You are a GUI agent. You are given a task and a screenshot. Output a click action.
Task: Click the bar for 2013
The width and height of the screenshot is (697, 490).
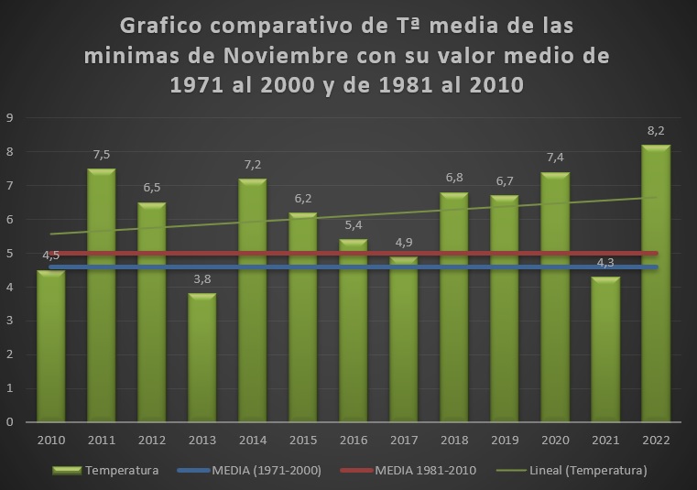pos(202,357)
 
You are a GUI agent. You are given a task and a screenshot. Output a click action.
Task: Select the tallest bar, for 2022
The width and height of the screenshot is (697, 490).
pos(656,284)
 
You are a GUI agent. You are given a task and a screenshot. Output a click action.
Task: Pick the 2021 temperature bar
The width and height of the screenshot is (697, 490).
pos(605,349)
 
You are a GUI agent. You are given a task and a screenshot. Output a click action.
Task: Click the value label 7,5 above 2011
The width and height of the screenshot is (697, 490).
pos(102,155)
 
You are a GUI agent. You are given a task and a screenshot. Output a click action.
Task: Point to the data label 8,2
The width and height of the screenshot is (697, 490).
pos(656,131)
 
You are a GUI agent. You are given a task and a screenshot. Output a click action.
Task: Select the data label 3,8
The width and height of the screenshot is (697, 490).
pos(202,278)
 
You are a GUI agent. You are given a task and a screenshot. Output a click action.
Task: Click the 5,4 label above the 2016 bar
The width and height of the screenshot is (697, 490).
pos(354,225)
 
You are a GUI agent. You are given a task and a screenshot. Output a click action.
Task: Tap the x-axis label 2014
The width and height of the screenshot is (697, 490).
pos(253,440)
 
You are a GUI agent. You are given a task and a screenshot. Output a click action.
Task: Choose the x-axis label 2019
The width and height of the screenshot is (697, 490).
pos(505,440)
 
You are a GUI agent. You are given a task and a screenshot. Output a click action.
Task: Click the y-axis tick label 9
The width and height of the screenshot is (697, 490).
pos(9,117)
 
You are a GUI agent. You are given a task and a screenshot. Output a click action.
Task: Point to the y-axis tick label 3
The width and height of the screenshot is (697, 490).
pos(9,321)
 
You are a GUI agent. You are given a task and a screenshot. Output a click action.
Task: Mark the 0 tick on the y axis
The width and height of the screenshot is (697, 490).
pos(9,422)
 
